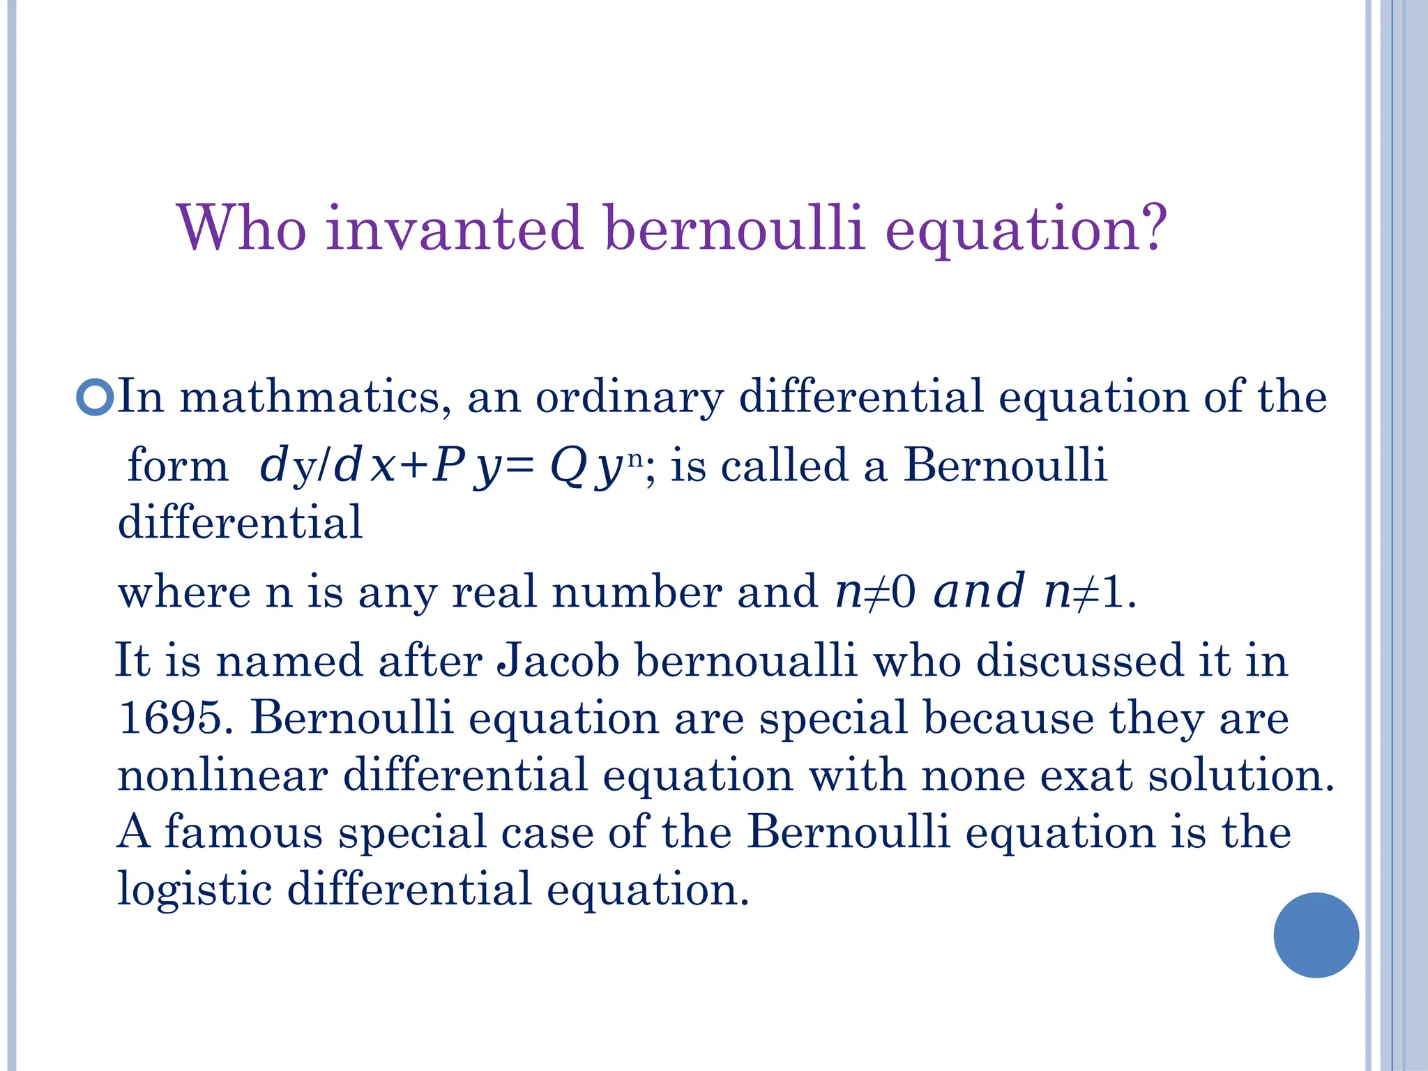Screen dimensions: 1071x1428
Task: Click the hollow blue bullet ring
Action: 94,398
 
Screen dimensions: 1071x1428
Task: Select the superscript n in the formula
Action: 635,458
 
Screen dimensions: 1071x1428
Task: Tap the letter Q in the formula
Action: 568,467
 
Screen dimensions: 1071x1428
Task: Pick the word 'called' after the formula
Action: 784,465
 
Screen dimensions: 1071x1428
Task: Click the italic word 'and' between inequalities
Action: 979,591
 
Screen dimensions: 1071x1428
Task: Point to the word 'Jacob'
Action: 558,660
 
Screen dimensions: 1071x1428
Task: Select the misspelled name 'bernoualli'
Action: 746,660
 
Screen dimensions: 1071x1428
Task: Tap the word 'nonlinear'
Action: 222,775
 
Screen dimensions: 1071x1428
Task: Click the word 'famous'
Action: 243,832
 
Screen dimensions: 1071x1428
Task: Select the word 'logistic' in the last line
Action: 195,890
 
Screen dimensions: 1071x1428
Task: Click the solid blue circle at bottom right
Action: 1316,935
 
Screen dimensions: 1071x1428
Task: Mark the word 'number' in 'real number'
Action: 637,591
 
